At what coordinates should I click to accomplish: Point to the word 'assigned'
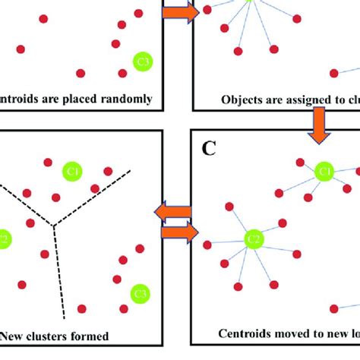point(302,99)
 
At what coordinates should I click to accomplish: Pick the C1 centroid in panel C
point(324,172)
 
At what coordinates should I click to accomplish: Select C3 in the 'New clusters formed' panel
point(140,292)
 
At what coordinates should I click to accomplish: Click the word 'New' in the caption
point(15,335)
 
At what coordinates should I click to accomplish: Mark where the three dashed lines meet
point(53,224)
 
